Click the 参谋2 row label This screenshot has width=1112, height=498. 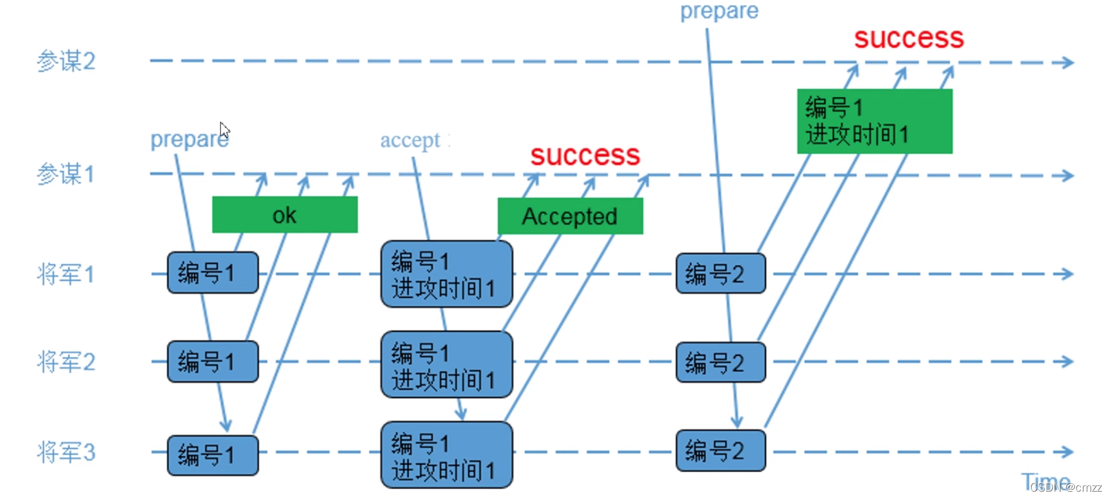(x=66, y=61)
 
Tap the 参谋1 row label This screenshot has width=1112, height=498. (x=66, y=174)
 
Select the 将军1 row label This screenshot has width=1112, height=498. (x=66, y=274)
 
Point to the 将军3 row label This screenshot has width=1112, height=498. (x=66, y=452)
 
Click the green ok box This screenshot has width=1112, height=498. (x=285, y=215)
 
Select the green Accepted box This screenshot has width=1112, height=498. (x=570, y=216)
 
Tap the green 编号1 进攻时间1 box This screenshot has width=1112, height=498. (x=874, y=121)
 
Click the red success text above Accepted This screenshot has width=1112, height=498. (x=585, y=155)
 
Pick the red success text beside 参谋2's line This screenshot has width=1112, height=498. (x=908, y=38)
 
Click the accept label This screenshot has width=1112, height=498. (x=411, y=140)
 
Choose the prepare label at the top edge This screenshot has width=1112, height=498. (x=719, y=11)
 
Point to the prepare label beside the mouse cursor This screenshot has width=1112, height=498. (x=188, y=139)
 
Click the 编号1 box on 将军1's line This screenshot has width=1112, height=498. (x=213, y=273)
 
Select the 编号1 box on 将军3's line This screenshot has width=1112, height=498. (x=213, y=455)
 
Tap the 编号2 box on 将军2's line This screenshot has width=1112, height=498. (x=721, y=362)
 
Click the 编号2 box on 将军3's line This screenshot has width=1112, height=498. (x=721, y=451)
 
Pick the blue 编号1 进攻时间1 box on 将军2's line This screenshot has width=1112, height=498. (x=446, y=365)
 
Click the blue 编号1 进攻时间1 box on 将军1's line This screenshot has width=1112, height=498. (x=446, y=274)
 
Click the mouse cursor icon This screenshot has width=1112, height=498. (x=224, y=130)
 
